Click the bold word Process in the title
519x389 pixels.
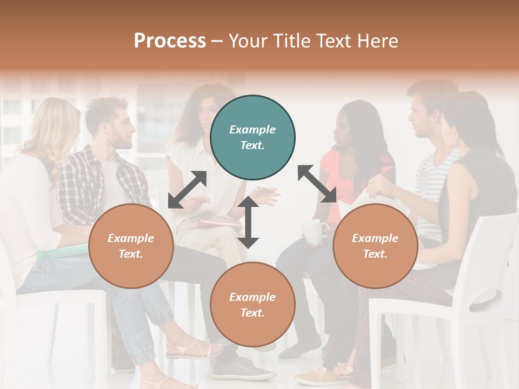(170, 41)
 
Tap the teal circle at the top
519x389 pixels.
(252, 138)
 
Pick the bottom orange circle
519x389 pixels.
(252, 305)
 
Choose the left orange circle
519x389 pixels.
(131, 246)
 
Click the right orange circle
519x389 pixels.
(375, 246)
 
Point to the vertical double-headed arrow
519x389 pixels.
(248, 222)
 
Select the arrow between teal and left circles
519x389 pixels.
(187, 190)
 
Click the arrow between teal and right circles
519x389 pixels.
(317, 184)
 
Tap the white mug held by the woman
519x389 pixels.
(312, 231)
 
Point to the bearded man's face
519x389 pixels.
(122, 130)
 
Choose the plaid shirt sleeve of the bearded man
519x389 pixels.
(76, 189)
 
